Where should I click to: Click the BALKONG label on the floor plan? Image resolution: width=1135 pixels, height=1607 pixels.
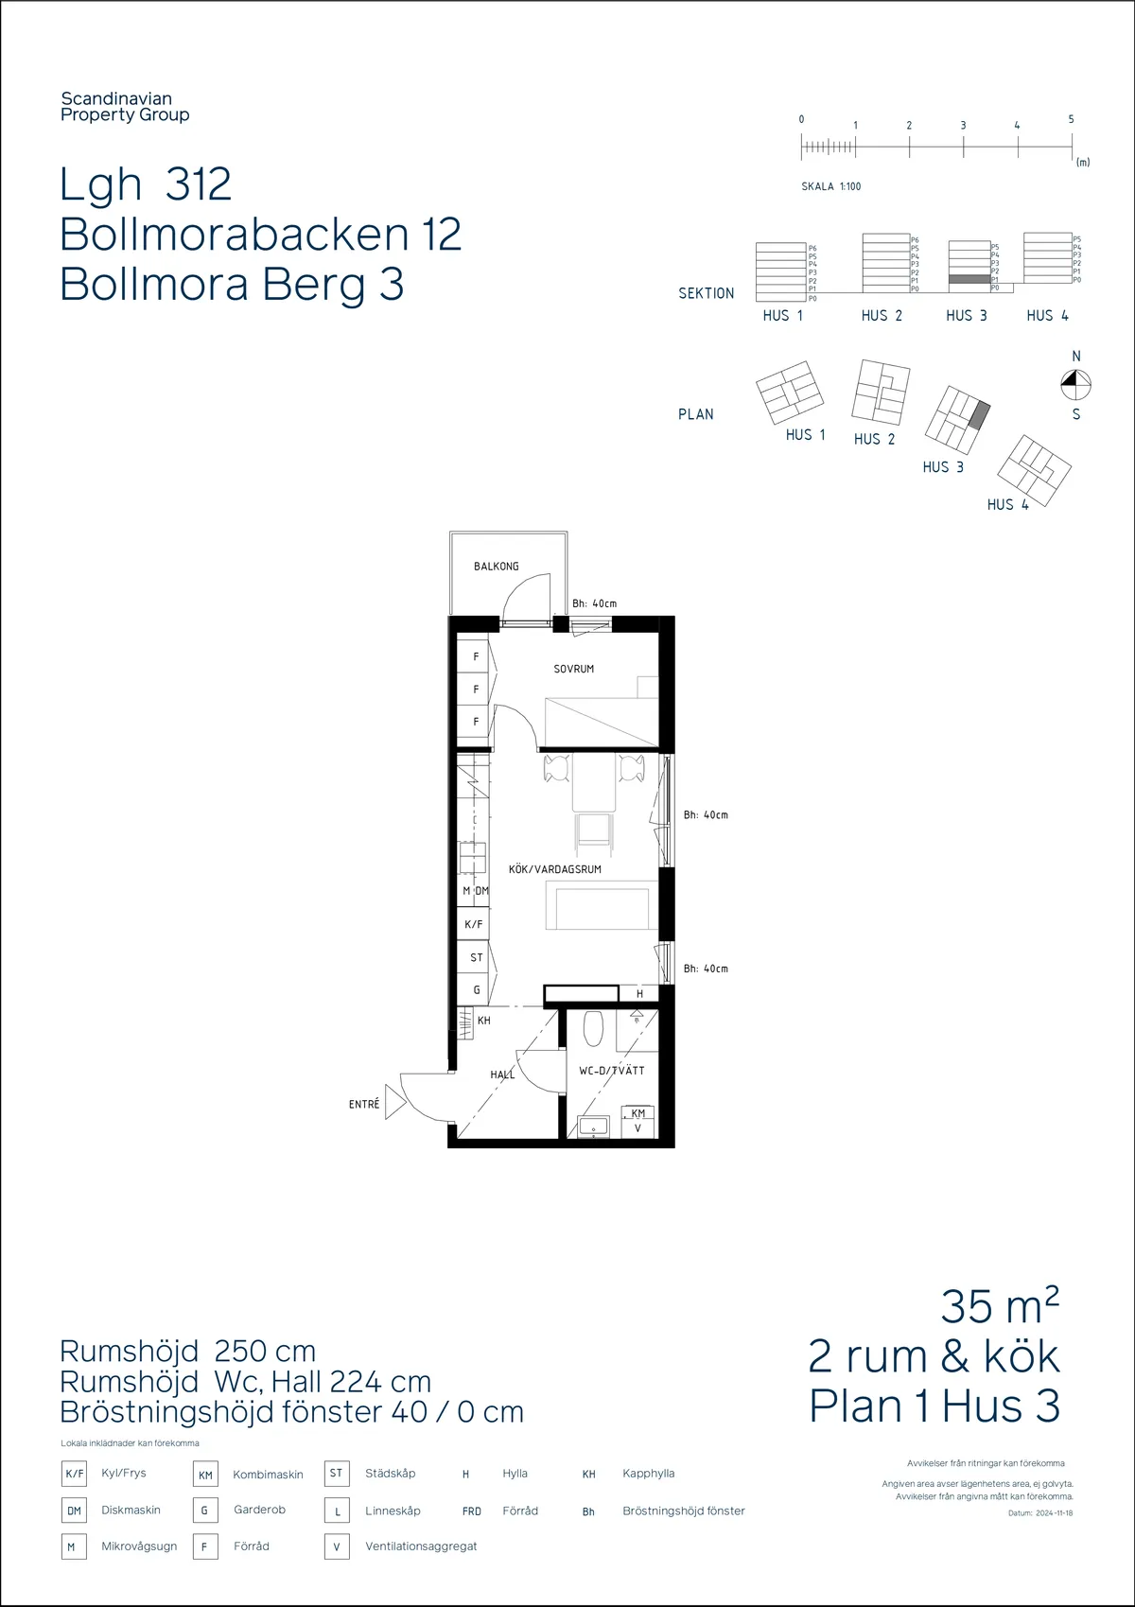click(496, 567)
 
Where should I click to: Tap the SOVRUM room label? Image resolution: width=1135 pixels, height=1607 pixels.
click(573, 669)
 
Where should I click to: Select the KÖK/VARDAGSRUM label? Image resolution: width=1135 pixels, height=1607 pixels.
click(554, 869)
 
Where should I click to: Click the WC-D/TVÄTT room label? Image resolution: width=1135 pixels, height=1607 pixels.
click(611, 1071)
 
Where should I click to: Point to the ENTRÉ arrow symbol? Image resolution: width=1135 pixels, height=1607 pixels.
click(394, 1103)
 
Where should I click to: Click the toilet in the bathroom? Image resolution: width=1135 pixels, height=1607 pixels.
click(593, 1029)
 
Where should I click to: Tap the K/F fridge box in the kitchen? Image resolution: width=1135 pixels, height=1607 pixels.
click(474, 924)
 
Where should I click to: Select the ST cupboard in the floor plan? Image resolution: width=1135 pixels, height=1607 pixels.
click(476, 957)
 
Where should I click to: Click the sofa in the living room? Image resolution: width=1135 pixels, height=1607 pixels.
click(602, 907)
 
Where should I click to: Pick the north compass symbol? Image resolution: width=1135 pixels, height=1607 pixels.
click(1074, 383)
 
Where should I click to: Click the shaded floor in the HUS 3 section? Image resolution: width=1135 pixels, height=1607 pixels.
click(969, 279)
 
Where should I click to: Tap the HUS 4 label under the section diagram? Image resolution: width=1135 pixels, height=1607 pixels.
click(1047, 316)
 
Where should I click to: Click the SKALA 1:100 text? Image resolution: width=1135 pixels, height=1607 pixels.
click(830, 186)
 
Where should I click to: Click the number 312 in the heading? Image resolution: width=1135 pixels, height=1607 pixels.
click(199, 183)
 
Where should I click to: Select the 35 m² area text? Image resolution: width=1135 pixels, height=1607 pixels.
click(999, 1307)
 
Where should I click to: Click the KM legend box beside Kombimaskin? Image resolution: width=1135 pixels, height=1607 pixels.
click(205, 1475)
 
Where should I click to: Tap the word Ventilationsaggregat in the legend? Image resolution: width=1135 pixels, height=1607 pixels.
click(421, 1546)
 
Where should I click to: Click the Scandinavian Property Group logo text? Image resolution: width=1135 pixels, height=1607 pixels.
click(124, 107)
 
